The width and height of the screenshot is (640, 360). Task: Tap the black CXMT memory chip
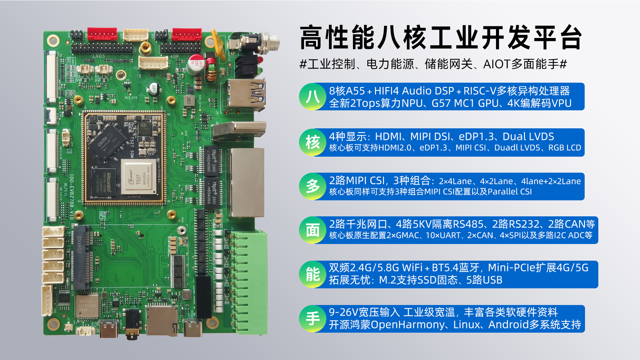click(108, 141)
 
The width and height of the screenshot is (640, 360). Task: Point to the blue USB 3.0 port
click(246, 95)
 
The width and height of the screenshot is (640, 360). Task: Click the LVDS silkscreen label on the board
click(99, 56)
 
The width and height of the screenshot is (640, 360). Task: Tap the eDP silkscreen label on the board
click(175, 57)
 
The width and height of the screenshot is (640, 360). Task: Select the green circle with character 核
click(313, 142)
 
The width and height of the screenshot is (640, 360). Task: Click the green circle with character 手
click(313, 319)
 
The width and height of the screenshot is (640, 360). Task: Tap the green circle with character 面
click(313, 230)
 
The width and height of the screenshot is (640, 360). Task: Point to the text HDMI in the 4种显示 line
click(388, 137)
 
